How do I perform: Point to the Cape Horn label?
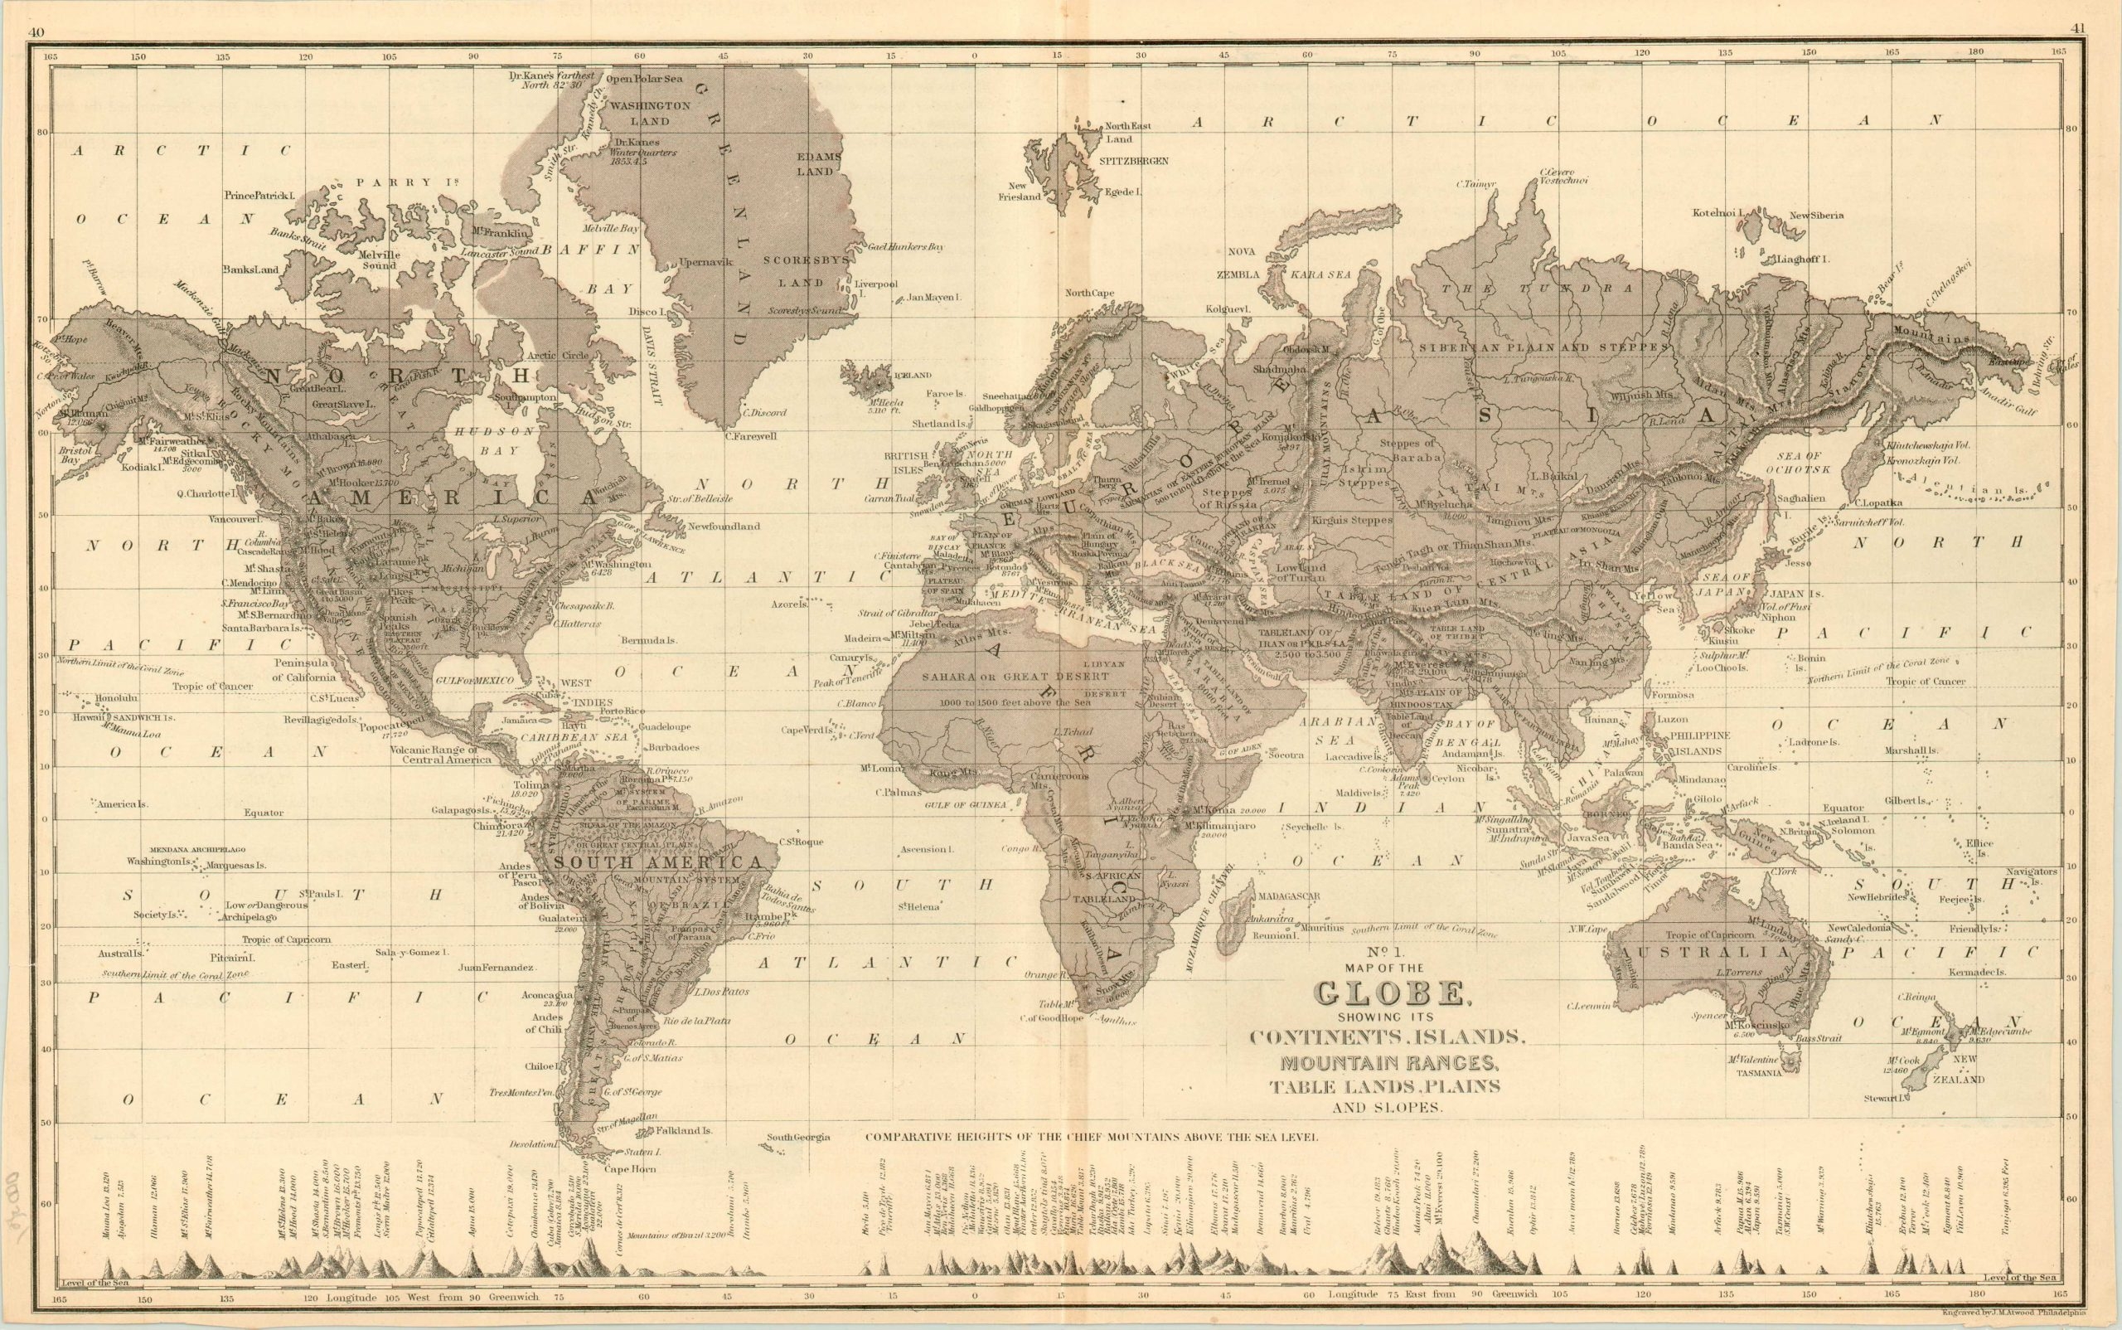(631, 1169)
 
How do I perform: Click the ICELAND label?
(912, 375)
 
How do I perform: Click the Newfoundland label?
(723, 526)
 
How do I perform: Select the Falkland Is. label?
(686, 1130)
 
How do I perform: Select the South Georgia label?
(797, 1138)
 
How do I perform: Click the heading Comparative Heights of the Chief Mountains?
(1092, 1137)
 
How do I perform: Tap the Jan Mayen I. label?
(934, 298)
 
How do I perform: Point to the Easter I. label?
(349, 965)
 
